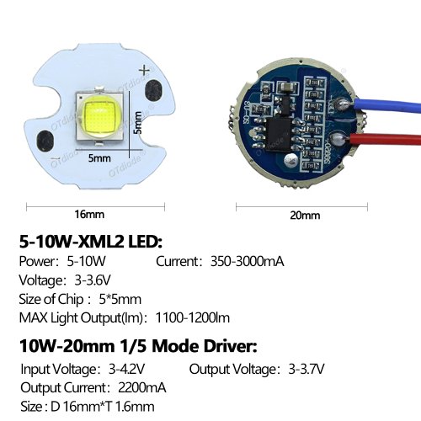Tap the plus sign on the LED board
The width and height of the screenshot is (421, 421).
145,70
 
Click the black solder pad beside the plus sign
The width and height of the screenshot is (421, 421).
153,91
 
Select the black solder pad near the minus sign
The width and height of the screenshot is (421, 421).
45,141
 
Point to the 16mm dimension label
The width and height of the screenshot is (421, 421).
89,215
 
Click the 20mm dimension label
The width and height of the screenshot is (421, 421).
305,216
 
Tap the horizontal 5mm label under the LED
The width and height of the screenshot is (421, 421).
99,158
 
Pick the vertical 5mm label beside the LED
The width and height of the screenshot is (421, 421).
137,123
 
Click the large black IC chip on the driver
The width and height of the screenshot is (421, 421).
280,134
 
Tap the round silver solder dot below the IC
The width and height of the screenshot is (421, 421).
290,160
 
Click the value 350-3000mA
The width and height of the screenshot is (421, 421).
248,262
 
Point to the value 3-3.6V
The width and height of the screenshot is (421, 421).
93,280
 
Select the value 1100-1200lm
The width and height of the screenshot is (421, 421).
193,317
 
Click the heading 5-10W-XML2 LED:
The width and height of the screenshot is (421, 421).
91,242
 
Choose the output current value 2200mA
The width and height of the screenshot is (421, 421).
142,388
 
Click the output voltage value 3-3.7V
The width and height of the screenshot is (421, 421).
306,369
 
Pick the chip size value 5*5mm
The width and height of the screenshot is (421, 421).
120,299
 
